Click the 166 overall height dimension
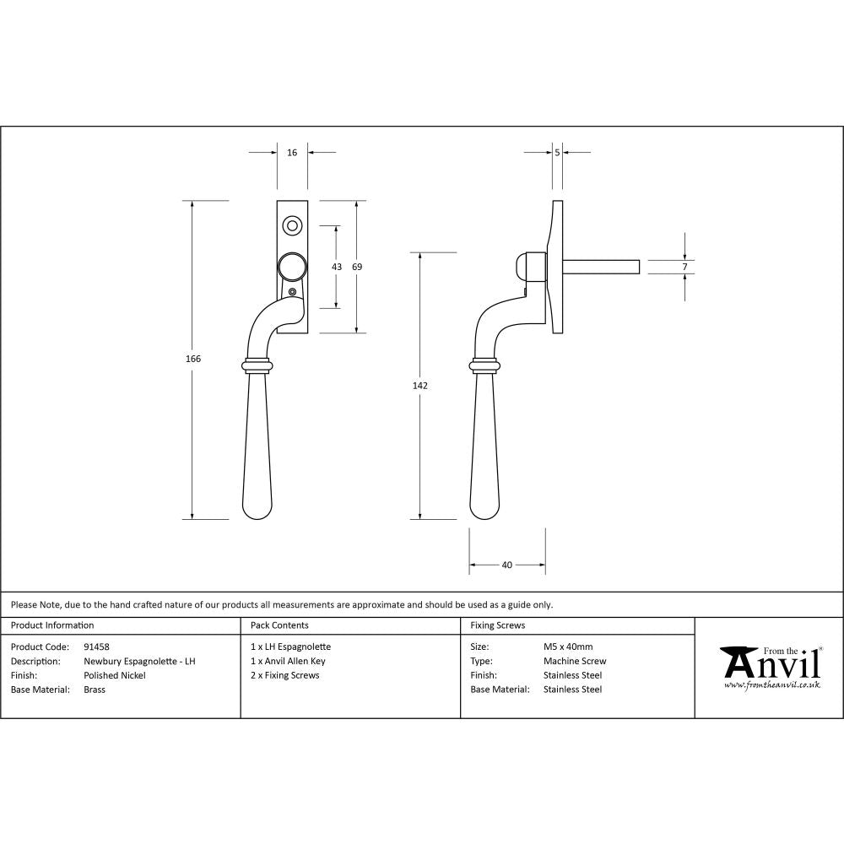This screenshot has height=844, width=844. pyautogui.click(x=192, y=359)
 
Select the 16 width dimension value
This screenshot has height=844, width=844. pyautogui.click(x=292, y=153)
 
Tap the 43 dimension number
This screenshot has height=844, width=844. pyautogui.click(x=337, y=267)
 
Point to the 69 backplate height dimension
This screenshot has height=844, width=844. pyautogui.click(x=357, y=267)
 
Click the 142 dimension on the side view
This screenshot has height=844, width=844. pyautogui.click(x=420, y=386)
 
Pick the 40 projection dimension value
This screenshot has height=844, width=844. pyautogui.click(x=506, y=565)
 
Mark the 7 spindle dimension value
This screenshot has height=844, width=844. pyautogui.click(x=685, y=267)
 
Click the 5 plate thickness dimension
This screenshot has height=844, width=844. pyautogui.click(x=558, y=153)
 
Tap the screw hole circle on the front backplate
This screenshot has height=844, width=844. pyautogui.click(x=292, y=225)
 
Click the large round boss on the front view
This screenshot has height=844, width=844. pyautogui.click(x=292, y=267)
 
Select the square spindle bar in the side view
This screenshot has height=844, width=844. pyautogui.click(x=601, y=267)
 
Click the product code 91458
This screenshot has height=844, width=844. pyautogui.click(x=97, y=647)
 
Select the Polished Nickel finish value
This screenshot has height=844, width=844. pyautogui.click(x=115, y=675)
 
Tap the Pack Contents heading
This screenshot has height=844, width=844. pyautogui.click(x=279, y=625)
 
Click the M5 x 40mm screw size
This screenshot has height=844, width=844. pyautogui.click(x=568, y=647)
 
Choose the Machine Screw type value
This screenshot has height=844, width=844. pyautogui.click(x=575, y=661)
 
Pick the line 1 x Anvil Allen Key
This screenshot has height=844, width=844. pyautogui.click(x=288, y=661)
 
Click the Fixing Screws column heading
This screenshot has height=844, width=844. pyautogui.click(x=498, y=625)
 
